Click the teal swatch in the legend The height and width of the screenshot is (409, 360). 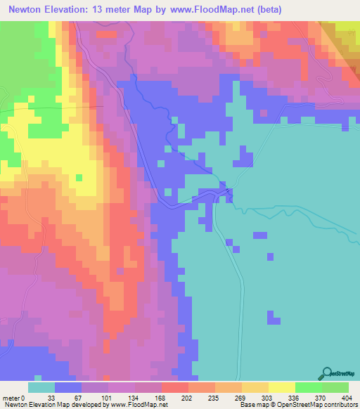(41, 388)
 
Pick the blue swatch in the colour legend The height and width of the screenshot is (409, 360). (68, 388)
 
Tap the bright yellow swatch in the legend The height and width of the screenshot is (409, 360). (282, 388)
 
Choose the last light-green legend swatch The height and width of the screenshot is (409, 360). (335, 388)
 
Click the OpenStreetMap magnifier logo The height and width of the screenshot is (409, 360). (328, 375)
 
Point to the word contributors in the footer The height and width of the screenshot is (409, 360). (337, 404)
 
